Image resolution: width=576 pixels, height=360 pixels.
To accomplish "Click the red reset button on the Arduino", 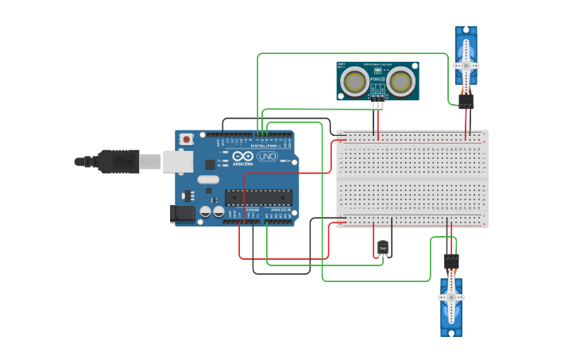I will coord(187,139).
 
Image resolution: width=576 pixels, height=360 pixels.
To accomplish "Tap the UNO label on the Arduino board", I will coord(268,157).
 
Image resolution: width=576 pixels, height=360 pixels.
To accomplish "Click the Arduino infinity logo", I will coord(244,156).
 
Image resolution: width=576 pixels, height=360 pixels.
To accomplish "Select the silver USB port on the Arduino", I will coord(178,161).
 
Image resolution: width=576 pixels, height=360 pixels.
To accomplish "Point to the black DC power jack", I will coord(183,213).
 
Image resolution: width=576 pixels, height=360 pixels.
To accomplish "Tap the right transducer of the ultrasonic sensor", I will coord(402,80).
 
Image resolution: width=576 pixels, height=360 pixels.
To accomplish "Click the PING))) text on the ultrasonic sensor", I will coord(377,79).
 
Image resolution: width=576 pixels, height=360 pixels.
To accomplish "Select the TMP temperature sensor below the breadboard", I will coord(383,249).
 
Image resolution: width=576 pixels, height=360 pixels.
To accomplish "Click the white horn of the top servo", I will coord(466,65).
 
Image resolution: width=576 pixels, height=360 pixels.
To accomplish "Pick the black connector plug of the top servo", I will coord(466,101).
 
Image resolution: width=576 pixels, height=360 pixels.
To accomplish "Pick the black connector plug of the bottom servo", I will coord(451,261).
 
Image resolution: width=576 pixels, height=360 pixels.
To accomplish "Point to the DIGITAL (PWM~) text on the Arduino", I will coord(264,145).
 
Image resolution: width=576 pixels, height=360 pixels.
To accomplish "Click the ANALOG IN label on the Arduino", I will coord(280,210).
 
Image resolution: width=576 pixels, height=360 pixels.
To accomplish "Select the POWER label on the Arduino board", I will coord(252,210).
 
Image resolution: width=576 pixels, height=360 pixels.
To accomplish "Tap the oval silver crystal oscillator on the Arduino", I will coord(208,180).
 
